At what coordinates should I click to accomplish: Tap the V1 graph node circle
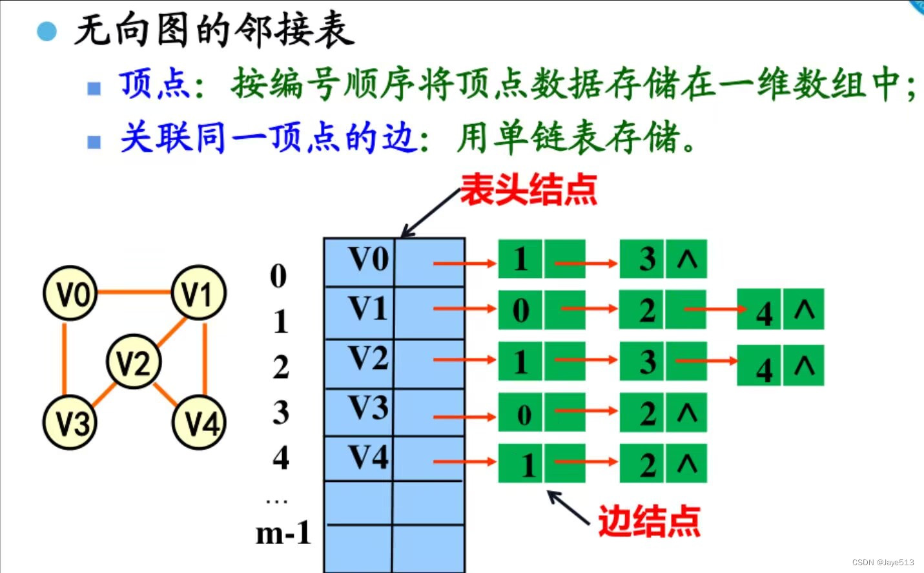[198, 293]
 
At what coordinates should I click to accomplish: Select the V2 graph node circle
[134, 361]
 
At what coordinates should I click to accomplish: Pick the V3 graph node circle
[70, 423]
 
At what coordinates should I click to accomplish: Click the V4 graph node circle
[199, 423]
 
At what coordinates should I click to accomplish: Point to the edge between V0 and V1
[134, 292]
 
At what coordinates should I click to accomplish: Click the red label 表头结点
[528, 190]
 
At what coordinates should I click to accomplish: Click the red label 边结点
[648, 521]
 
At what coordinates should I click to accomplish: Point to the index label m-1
[283, 534]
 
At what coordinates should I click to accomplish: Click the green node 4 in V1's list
[764, 311]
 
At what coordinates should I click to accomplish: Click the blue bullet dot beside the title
[46, 31]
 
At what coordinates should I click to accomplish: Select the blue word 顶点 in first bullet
[154, 85]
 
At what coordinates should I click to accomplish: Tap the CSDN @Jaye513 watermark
[882, 563]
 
